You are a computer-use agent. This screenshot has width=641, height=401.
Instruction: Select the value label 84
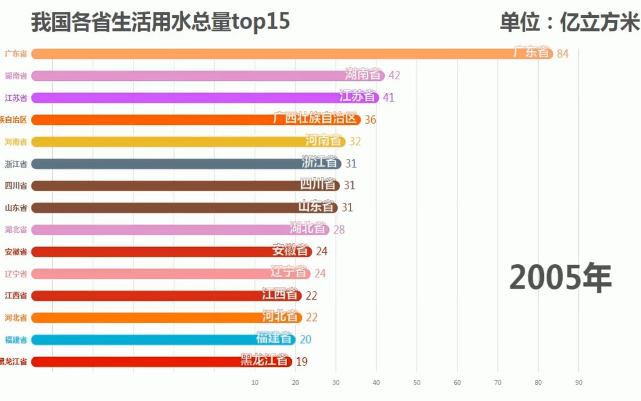(x=563, y=54)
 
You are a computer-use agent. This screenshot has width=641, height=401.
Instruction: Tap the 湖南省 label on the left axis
(x=16, y=76)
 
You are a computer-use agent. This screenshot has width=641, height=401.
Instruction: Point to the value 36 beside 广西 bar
(x=370, y=120)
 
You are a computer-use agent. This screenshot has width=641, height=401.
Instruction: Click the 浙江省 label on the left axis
(x=16, y=164)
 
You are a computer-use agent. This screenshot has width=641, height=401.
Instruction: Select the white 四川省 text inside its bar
(x=317, y=184)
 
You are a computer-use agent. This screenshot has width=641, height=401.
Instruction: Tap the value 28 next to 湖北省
(x=339, y=230)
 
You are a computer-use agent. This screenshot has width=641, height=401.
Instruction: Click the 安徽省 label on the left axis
(x=16, y=252)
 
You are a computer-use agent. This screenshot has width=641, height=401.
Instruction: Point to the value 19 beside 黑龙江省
(x=301, y=361)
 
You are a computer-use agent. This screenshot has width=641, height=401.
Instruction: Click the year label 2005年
(x=560, y=277)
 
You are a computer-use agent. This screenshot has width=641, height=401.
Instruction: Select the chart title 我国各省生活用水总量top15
(x=160, y=23)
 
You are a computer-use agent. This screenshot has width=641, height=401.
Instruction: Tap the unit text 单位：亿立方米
(x=569, y=23)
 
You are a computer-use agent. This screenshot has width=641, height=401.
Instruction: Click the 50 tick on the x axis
(x=417, y=383)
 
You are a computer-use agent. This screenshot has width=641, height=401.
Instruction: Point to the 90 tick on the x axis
(x=578, y=383)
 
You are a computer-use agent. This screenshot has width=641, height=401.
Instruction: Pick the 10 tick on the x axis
(x=255, y=383)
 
